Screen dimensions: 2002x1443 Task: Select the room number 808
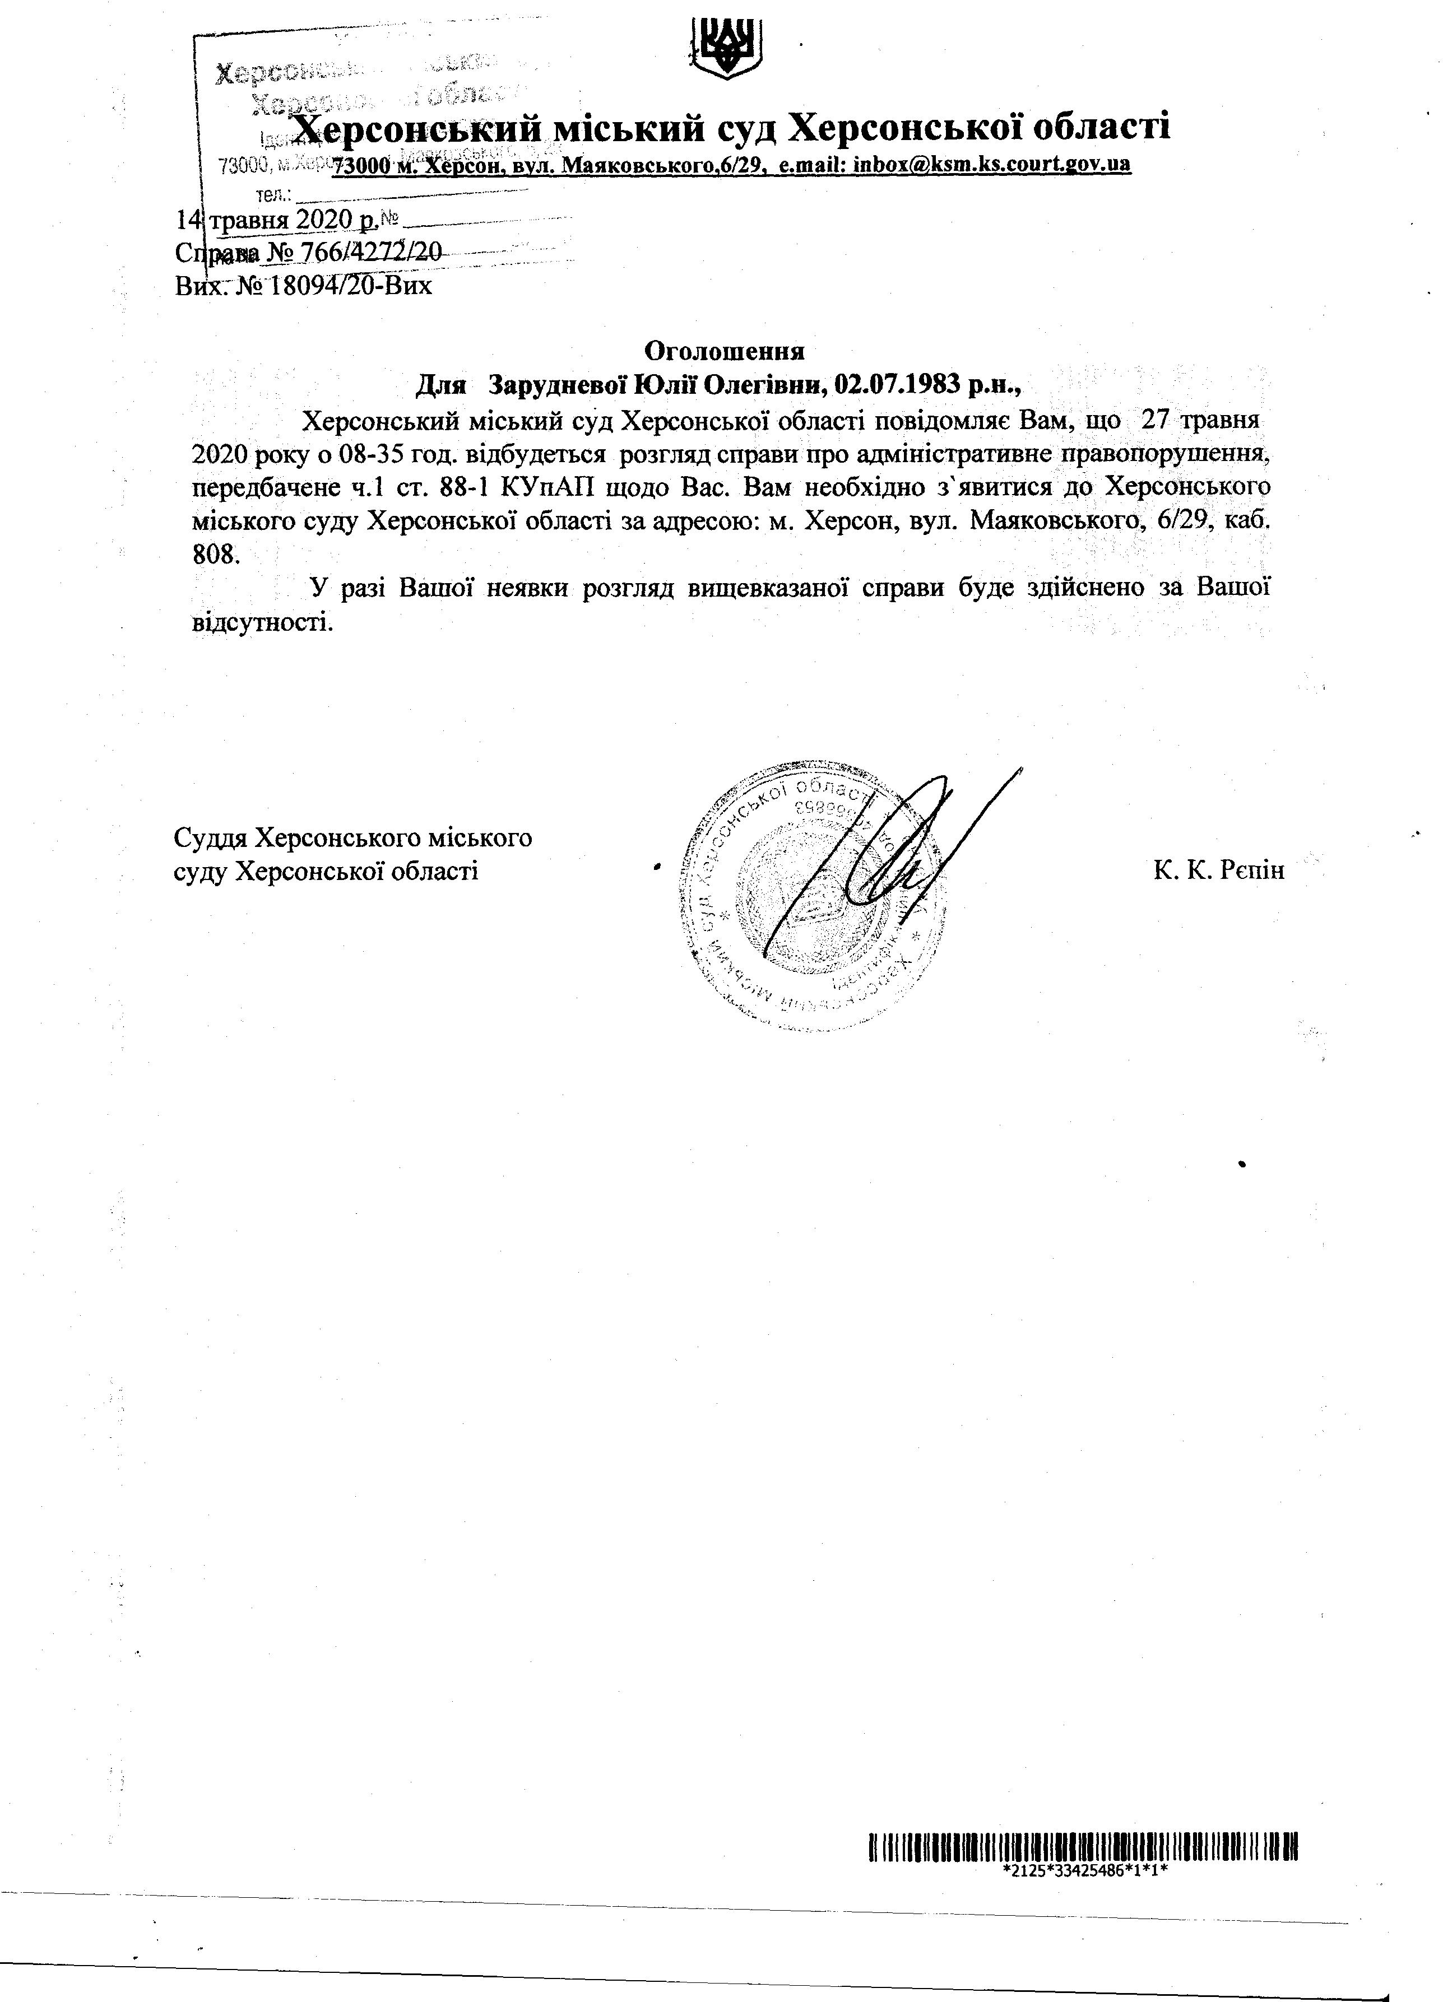[x=214, y=555]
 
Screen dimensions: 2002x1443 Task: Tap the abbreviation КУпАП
[x=560, y=487]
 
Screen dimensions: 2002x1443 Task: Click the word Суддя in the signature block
[x=208, y=837]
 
